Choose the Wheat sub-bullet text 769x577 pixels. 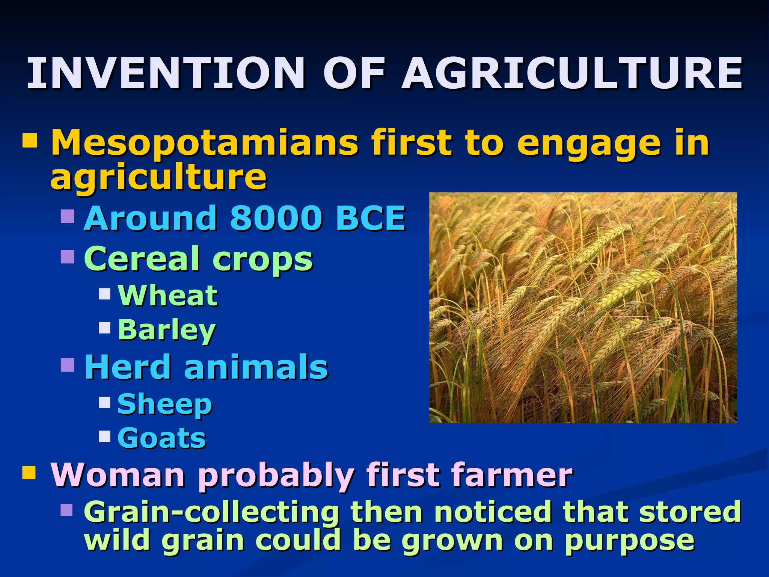(167, 296)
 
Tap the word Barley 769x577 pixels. (167, 330)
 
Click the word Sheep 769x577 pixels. (165, 405)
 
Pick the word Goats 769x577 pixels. (161, 438)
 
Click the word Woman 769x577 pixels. (118, 475)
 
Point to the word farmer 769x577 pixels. (512, 475)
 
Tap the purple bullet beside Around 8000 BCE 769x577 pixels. (68, 216)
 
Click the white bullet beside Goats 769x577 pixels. (105, 436)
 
